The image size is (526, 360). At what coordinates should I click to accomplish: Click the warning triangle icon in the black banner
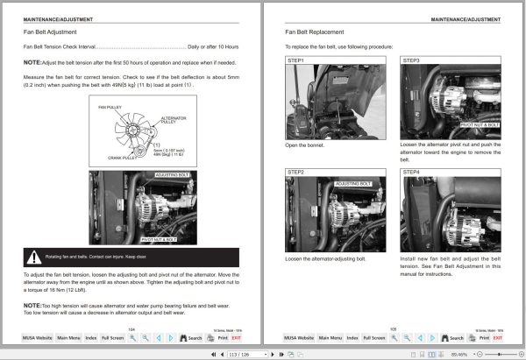[x=34, y=258]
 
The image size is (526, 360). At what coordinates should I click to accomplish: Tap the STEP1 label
[x=296, y=60]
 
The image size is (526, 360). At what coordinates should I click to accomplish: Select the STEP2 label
[x=296, y=173]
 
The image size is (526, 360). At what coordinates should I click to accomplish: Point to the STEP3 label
[x=411, y=60]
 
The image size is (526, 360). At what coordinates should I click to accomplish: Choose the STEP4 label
[x=411, y=173]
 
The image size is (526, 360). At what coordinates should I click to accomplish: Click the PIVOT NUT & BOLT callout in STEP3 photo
[x=480, y=125]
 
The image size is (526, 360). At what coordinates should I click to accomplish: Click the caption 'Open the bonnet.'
[x=304, y=145]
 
